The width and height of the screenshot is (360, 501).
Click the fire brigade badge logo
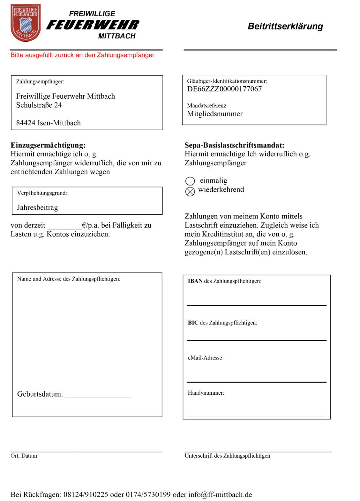(x=26, y=23)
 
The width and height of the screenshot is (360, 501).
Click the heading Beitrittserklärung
(x=285, y=26)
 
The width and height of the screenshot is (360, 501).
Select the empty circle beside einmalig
(x=190, y=181)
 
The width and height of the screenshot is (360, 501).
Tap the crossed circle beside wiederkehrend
(x=190, y=192)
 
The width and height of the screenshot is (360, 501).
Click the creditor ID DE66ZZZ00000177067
(x=224, y=89)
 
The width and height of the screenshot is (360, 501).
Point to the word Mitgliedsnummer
(x=214, y=114)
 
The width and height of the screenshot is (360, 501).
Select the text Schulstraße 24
(x=39, y=105)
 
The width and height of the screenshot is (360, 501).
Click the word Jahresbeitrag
(x=37, y=208)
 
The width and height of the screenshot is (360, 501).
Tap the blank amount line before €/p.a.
(x=64, y=226)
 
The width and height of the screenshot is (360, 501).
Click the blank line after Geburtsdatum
(x=98, y=395)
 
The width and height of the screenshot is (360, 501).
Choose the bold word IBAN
(x=195, y=281)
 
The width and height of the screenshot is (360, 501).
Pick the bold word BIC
(x=193, y=323)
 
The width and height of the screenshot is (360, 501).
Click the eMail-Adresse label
(x=206, y=358)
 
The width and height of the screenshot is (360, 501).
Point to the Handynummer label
(x=206, y=393)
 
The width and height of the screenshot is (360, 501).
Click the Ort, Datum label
(x=24, y=456)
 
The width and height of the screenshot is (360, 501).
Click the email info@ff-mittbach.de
(x=220, y=495)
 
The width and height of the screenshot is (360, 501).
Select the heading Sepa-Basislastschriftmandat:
(x=234, y=145)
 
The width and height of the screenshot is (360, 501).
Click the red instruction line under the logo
(x=82, y=55)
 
